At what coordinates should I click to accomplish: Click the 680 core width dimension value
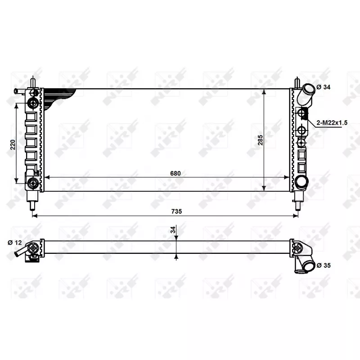175,173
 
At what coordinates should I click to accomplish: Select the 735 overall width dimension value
176,211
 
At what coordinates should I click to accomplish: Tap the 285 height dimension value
261,140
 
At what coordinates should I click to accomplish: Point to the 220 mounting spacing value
13,144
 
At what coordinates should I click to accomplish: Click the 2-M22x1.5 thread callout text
332,122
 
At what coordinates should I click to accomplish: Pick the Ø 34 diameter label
323,87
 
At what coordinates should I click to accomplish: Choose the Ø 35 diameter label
324,265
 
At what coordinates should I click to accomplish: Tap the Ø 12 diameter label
15,243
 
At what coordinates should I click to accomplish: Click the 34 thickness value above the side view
173,229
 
